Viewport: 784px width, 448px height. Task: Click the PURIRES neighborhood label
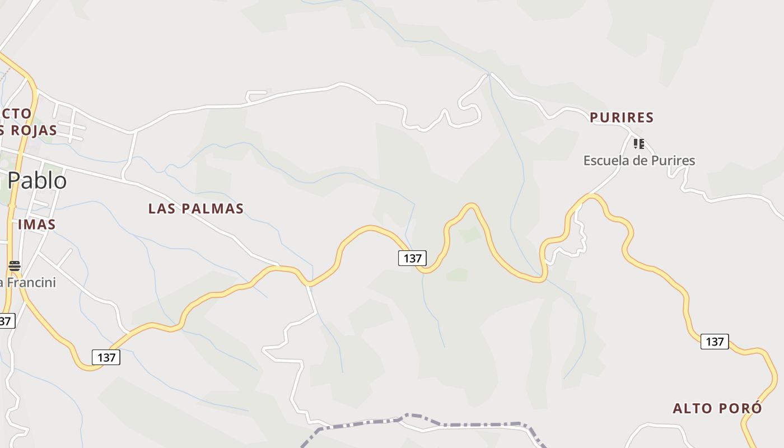coord(622,118)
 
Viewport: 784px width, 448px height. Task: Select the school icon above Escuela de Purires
coord(639,144)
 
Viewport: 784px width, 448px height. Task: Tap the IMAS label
coord(37,225)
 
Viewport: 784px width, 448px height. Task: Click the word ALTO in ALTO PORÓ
coord(693,408)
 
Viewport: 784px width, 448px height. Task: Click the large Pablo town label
coord(37,180)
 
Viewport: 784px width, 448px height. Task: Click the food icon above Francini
coord(15,265)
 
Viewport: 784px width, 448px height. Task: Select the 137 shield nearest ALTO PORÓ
coord(715,342)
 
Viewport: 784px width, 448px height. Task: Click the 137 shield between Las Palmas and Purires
coord(412,258)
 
